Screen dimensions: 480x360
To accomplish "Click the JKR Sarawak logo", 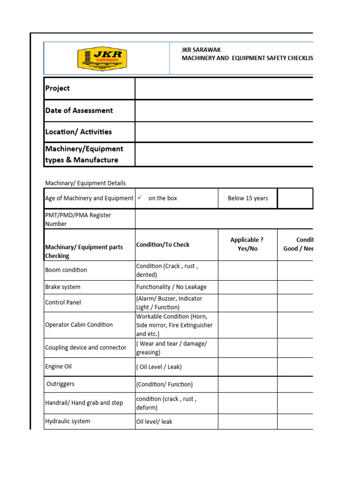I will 102,58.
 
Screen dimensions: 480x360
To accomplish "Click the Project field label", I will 58,88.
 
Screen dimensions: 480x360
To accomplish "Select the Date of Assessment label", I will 79,111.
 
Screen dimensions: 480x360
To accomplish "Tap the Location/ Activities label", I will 78,132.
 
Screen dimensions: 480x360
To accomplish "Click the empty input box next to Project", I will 224,88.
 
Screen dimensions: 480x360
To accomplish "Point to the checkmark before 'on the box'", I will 140,198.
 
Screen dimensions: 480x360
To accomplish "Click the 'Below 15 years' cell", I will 247,198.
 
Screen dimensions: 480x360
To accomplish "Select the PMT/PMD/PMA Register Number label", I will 78,219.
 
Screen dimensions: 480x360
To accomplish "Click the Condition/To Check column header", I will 163,245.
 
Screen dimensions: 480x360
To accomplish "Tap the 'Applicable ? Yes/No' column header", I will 247,244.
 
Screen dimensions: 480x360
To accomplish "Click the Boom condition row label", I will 66,270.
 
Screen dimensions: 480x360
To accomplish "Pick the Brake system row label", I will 63,287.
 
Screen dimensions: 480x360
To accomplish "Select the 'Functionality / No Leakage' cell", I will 171,287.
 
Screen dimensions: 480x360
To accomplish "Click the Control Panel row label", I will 63,302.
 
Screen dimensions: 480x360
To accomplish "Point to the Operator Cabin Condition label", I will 79,325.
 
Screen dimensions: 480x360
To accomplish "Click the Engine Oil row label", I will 59,367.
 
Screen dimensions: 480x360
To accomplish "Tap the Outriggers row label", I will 60,384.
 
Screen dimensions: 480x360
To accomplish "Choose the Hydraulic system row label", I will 67,421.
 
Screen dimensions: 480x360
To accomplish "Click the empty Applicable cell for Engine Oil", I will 247,367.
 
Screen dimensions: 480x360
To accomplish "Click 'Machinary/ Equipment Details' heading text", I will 85,183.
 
